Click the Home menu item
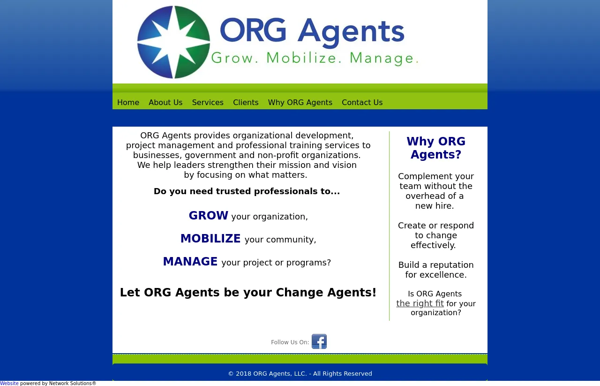(x=128, y=102)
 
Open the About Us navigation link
(x=165, y=102)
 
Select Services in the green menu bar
(x=208, y=102)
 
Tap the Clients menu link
(x=246, y=102)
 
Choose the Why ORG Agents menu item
(x=300, y=102)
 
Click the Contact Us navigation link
(x=362, y=102)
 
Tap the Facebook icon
(x=319, y=341)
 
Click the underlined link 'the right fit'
(x=420, y=303)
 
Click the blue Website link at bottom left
(x=9, y=383)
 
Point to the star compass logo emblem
(x=173, y=42)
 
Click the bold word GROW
(x=209, y=216)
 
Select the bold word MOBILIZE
(x=210, y=239)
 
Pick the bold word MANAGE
(x=190, y=261)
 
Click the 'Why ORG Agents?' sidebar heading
(x=436, y=148)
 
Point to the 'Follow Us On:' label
(x=290, y=342)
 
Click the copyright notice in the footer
(x=300, y=374)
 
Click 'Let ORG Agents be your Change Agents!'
(x=248, y=293)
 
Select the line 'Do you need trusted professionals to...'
(x=247, y=191)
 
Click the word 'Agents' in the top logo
(x=351, y=33)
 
